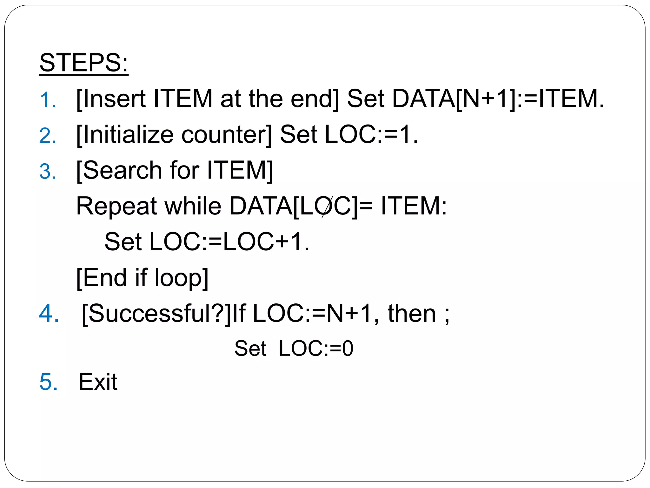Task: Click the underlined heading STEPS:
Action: coord(84,63)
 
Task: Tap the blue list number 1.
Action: coord(48,100)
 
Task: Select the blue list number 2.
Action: coord(48,136)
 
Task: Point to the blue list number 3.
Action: coord(48,172)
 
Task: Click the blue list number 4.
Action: coord(49,314)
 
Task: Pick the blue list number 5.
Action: coord(49,382)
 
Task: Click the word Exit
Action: coord(98,382)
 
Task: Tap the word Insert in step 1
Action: coord(114,98)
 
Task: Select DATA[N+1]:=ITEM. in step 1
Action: coord(498,98)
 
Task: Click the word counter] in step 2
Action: coord(227,134)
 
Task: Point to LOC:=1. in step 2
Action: coord(371,134)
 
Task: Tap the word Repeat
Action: coord(116,207)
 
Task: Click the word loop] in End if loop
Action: coord(181,278)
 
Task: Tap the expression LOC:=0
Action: coord(316,349)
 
